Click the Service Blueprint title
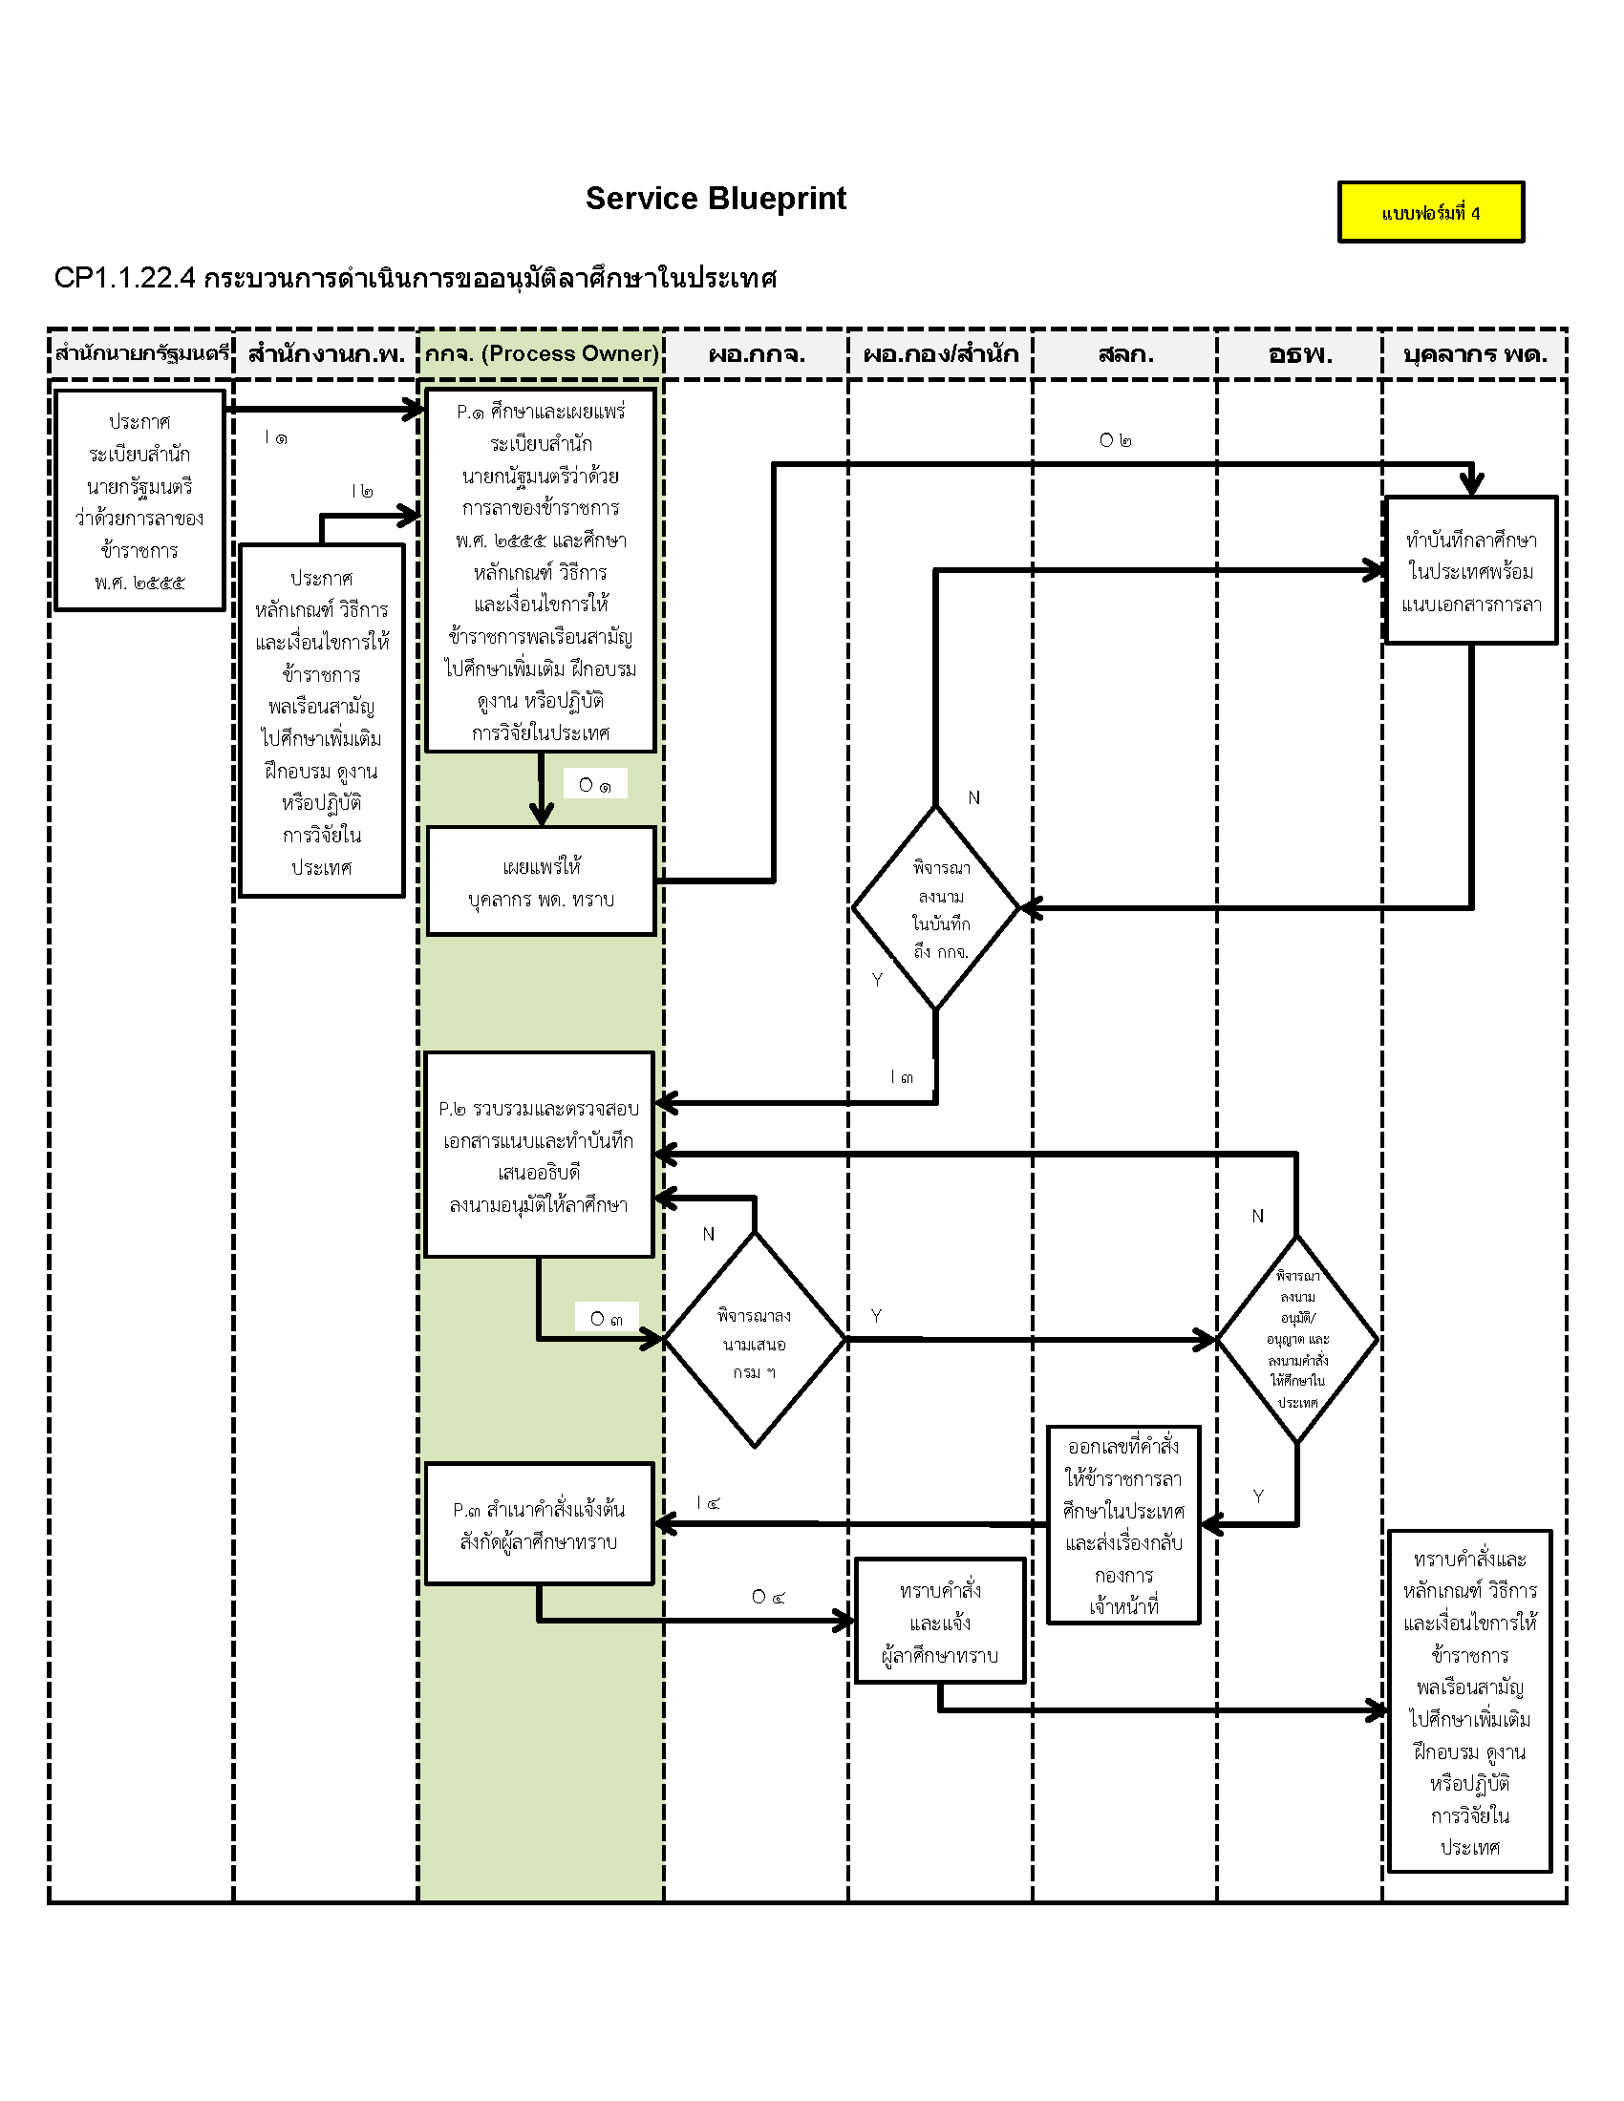point(716,199)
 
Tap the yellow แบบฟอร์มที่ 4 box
point(1431,213)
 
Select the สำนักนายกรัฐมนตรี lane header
point(141,354)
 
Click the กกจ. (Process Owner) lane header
point(541,354)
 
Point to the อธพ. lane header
point(1300,354)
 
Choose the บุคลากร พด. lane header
point(1474,354)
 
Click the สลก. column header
point(1124,354)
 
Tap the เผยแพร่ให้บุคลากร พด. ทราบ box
point(541,881)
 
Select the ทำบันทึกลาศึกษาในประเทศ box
point(1470,570)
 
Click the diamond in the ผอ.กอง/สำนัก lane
point(936,908)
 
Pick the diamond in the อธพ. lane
point(1298,1338)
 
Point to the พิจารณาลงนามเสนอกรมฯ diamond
point(755,1340)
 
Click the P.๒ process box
point(539,1155)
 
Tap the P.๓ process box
point(539,1525)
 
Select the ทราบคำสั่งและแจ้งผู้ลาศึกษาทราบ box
point(940,1622)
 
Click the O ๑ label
point(594,784)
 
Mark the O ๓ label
point(606,1317)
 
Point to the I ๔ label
point(708,1501)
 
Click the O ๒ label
point(1115,439)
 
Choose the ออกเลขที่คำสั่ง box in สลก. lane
point(1123,1526)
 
